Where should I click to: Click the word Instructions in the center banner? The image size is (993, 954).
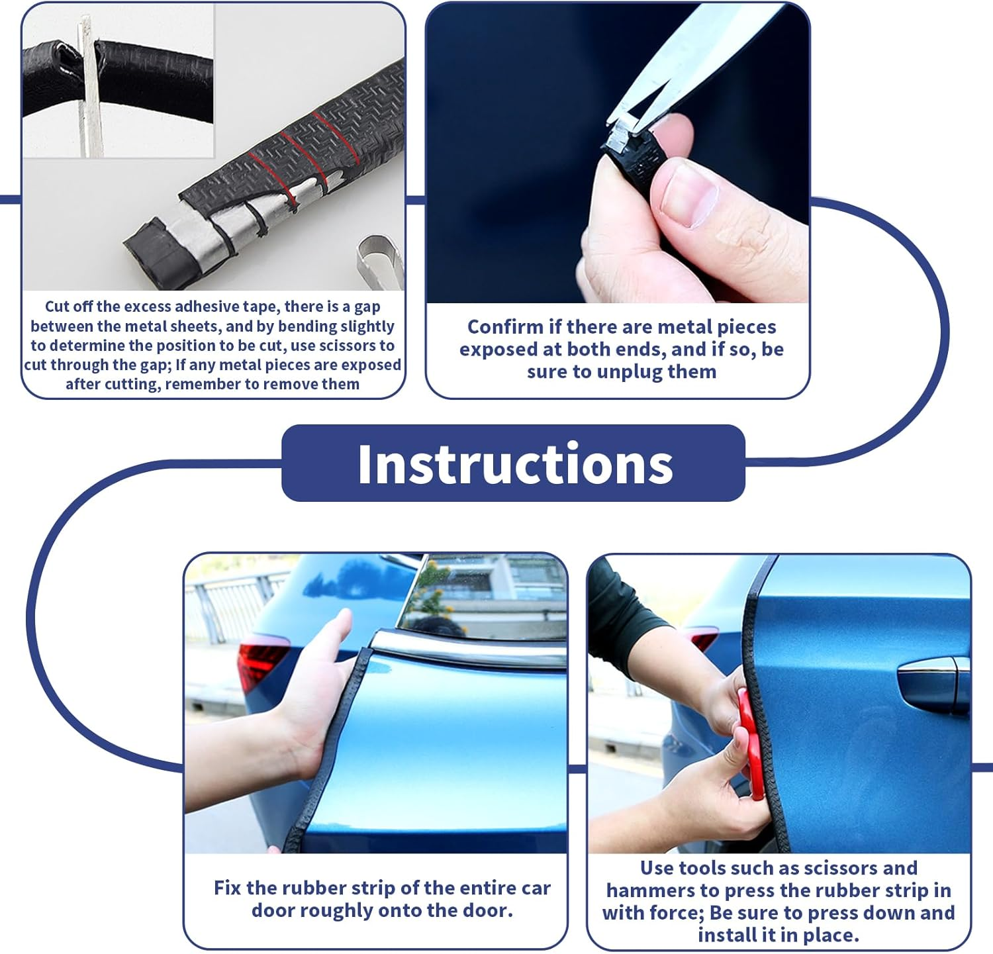(514, 464)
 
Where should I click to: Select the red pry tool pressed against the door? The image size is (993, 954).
(748, 741)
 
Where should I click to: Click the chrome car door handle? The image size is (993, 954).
(933, 682)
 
